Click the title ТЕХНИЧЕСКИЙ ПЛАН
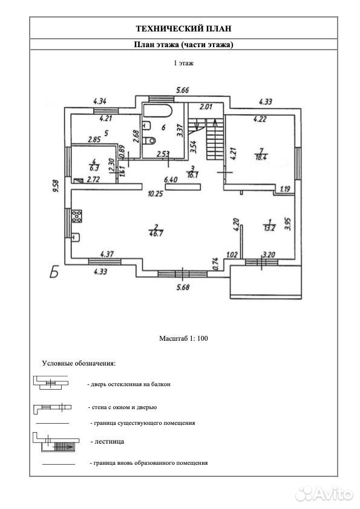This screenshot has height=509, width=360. (x=183, y=28)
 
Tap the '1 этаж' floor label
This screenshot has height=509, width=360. (x=184, y=64)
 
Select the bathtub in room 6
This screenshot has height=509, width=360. (x=157, y=111)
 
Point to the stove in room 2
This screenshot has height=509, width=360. (x=77, y=217)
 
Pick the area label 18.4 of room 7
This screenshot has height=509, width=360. (x=261, y=158)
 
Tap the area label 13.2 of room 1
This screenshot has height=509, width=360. (x=269, y=228)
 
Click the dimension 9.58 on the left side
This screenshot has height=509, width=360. (x=55, y=186)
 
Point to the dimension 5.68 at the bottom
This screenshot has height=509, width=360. (x=183, y=287)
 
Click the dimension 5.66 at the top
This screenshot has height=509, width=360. (x=182, y=90)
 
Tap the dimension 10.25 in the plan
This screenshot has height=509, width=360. (x=155, y=194)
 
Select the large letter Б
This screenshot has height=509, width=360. (x=54, y=272)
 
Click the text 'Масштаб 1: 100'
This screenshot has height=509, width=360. (x=183, y=338)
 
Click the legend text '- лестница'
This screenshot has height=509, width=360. (x=107, y=441)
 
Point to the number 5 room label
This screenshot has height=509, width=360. (x=106, y=133)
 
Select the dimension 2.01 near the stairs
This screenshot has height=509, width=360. (x=206, y=107)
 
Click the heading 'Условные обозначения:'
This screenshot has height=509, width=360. (x=79, y=363)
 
